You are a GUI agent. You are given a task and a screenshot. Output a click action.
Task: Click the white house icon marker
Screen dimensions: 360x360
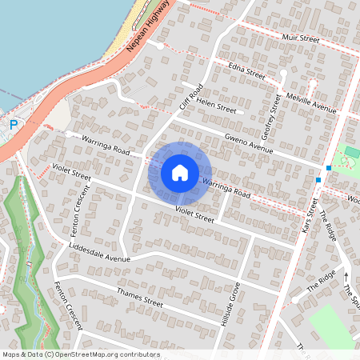coord(180,172)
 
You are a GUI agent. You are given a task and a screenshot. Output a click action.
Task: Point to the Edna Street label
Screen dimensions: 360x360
coord(246,71)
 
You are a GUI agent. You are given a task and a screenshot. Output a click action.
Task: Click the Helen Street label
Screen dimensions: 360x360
coord(217,107)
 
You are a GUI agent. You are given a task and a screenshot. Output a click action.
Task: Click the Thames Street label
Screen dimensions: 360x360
coord(139,298)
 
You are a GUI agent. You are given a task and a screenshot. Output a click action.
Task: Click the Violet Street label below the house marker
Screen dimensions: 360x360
coord(195,214)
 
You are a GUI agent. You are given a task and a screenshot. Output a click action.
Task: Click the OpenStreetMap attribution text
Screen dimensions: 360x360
coord(81,354)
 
